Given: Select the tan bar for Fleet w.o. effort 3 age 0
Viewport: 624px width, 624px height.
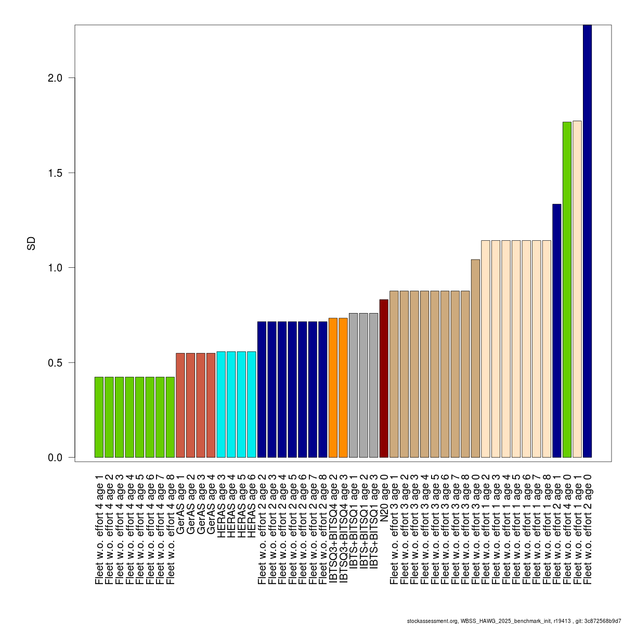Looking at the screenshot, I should pos(475,358).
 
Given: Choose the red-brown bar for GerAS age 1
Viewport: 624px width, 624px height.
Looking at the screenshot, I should pos(180,405).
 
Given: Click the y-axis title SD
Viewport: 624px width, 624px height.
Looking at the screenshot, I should pos(31,243).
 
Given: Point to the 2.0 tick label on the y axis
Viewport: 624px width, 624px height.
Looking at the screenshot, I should pos(55,78).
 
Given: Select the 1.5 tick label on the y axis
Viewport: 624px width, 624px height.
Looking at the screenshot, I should pos(55,173).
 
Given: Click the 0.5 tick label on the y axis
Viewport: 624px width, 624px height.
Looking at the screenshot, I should pos(55,362).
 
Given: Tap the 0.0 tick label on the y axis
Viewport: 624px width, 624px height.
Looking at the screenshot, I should pos(55,458).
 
